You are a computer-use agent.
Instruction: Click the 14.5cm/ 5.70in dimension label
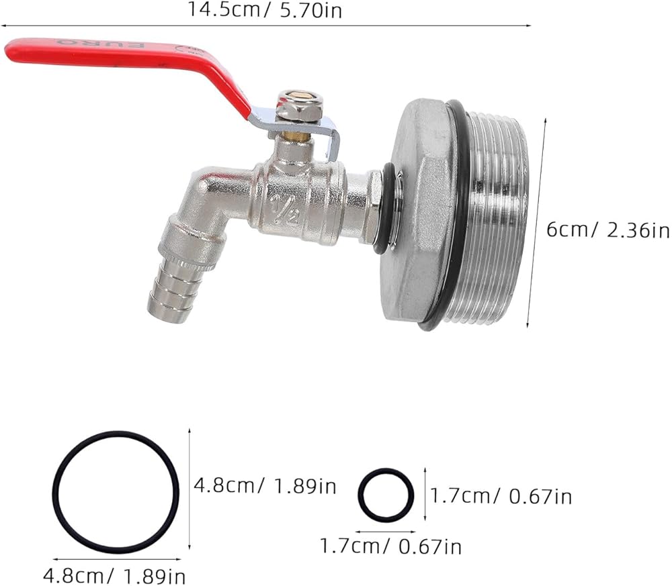tap(265, 10)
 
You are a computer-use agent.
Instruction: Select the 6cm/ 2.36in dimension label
tap(607, 230)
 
